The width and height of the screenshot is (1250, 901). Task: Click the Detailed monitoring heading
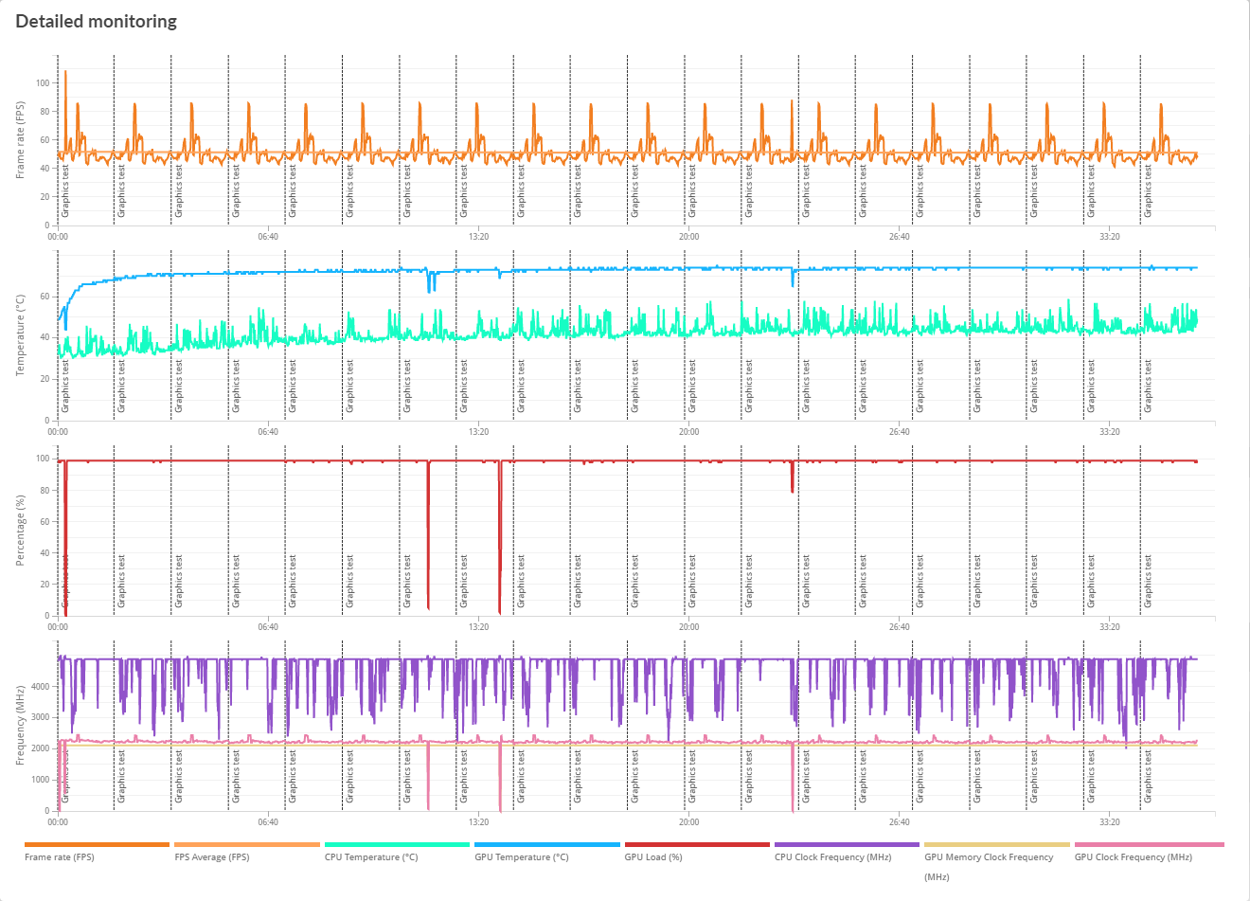(96, 21)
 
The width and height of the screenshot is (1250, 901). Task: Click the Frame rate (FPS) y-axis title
(21, 140)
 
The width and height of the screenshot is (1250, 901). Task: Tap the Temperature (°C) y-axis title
(21, 334)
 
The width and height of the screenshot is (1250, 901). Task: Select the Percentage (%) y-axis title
(21, 532)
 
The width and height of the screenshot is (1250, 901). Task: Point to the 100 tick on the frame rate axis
(43, 83)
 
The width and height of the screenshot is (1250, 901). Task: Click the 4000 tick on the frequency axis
(40, 687)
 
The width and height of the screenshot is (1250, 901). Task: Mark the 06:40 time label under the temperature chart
(268, 432)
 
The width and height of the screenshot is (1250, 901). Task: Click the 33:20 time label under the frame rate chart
(1109, 237)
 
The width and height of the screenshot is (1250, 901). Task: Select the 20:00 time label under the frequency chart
(688, 822)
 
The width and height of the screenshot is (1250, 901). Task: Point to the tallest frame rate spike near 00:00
(64, 72)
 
